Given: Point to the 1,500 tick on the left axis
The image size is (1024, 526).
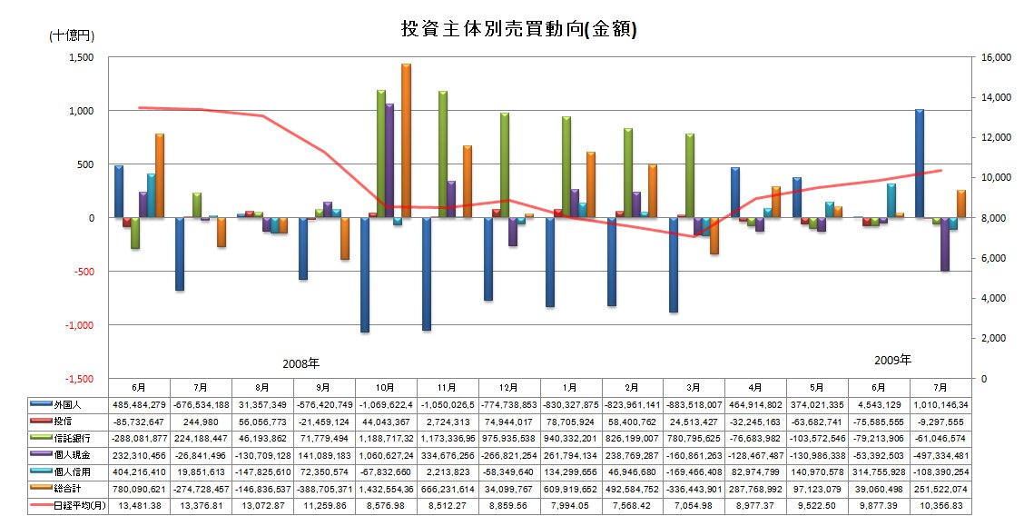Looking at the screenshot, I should click(82, 57).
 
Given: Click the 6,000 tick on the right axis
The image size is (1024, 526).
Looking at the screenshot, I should click(993, 258).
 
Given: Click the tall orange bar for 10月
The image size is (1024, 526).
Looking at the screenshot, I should click(406, 141).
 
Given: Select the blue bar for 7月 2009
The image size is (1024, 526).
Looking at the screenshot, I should click(920, 164).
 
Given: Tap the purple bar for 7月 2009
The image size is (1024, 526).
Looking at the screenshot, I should click(945, 244).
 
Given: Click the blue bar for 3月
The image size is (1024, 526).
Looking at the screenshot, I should click(674, 265).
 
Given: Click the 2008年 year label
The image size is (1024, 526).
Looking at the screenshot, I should click(300, 362).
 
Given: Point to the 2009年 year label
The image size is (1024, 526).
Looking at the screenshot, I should click(891, 359).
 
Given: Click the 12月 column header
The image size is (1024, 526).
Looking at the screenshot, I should click(509, 386).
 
